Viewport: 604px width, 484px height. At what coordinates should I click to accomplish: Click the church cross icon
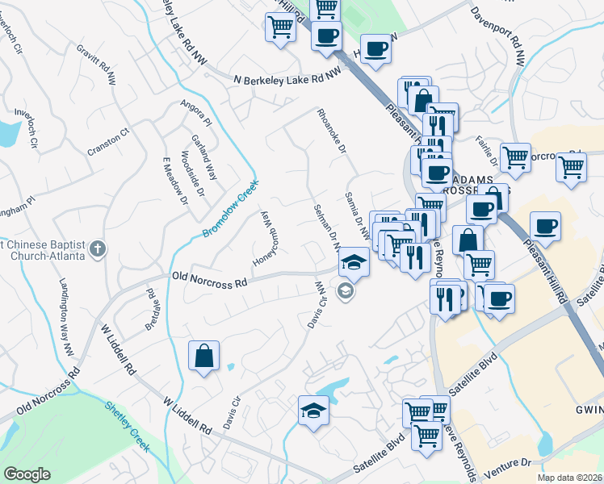(x=98, y=248)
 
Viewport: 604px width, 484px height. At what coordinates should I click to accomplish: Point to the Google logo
(x=27, y=474)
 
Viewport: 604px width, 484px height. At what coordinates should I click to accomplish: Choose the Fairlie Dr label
(x=489, y=152)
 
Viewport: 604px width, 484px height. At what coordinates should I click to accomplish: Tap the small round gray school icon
(x=346, y=292)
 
